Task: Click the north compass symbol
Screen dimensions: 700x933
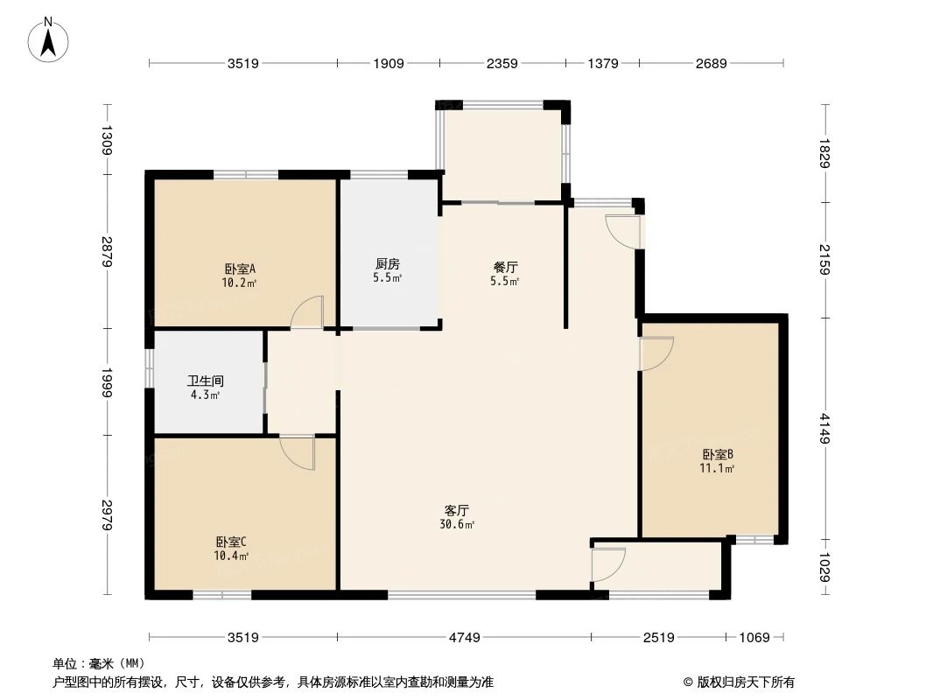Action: (x=49, y=38)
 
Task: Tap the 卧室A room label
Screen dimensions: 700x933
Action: (x=239, y=269)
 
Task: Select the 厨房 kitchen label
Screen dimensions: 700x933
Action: (x=388, y=263)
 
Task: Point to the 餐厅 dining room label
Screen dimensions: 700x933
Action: (x=505, y=268)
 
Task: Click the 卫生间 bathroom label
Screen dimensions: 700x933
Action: (x=206, y=381)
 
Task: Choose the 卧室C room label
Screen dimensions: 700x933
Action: (x=232, y=542)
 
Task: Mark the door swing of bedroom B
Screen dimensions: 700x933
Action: (x=656, y=353)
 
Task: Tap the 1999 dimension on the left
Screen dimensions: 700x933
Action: (x=107, y=381)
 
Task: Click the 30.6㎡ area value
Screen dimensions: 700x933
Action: (x=458, y=525)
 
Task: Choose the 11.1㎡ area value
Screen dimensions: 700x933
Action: (x=717, y=469)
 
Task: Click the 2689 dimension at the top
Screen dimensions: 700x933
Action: (x=710, y=63)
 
